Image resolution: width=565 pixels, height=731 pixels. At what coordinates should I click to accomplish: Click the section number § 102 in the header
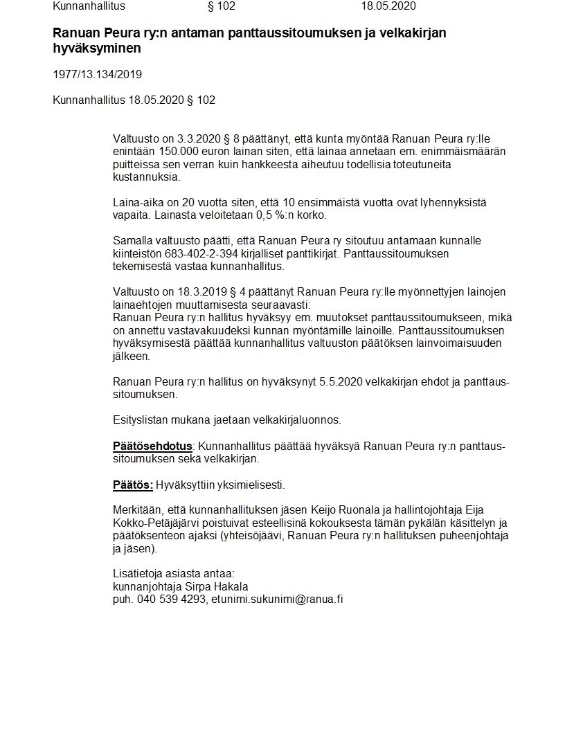point(222,6)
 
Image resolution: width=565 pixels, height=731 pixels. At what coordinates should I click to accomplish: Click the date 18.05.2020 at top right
point(388,6)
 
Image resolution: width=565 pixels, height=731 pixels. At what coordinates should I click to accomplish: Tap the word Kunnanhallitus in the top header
point(89,6)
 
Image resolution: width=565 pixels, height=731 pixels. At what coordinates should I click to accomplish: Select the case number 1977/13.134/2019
point(97,74)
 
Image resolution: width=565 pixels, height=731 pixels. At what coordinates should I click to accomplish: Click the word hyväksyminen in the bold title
point(97,49)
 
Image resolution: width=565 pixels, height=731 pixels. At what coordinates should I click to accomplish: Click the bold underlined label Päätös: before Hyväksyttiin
point(133,484)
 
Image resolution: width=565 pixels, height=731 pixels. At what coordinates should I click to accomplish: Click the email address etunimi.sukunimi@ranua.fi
point(277,599)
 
